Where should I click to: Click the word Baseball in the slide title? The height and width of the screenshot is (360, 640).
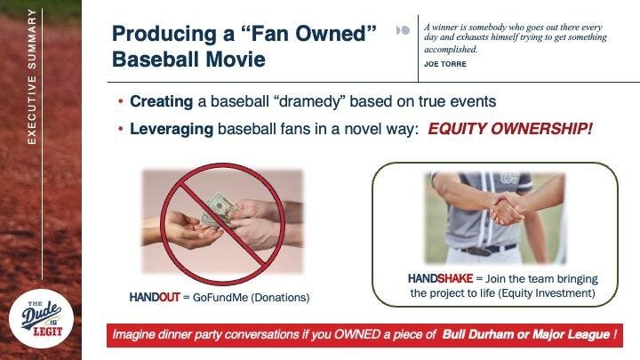(x=156, y=60)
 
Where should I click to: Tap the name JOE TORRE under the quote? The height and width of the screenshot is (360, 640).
(x=445, y=64)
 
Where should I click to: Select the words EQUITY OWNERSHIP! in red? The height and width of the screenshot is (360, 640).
(x=510, y=129)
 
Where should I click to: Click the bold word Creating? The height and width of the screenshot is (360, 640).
(x=161, y=101)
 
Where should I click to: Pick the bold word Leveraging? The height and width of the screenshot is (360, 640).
(x=172, y=130)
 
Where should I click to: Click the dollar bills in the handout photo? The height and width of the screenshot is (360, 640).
(x=220, y=209)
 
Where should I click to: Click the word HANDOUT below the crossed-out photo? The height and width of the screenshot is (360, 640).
(x=155, y=297)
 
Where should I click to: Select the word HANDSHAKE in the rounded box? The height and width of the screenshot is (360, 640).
(x=440, y=279)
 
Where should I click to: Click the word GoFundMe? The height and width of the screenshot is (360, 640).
(x=220, y=298)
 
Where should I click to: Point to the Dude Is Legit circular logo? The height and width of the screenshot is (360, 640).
(x=41, y=319)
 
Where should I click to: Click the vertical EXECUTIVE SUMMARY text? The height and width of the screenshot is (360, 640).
(x=32, y=76)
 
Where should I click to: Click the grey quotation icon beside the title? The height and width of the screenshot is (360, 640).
(x=403, y=30)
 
